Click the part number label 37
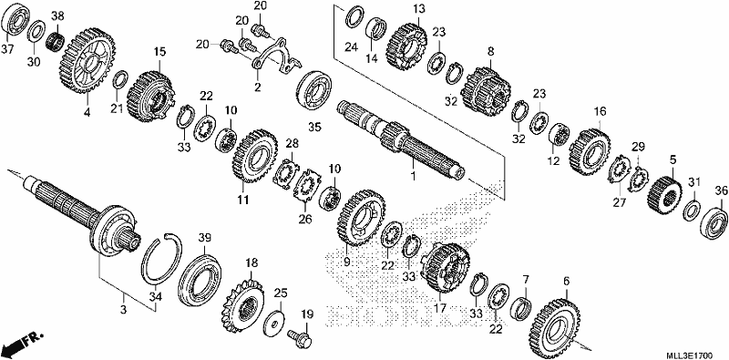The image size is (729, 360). [7, 49]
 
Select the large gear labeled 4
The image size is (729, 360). [87, 59]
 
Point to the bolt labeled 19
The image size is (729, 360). [301, 338]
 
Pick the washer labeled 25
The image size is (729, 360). [276, 321]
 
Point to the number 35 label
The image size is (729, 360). [314, 127]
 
